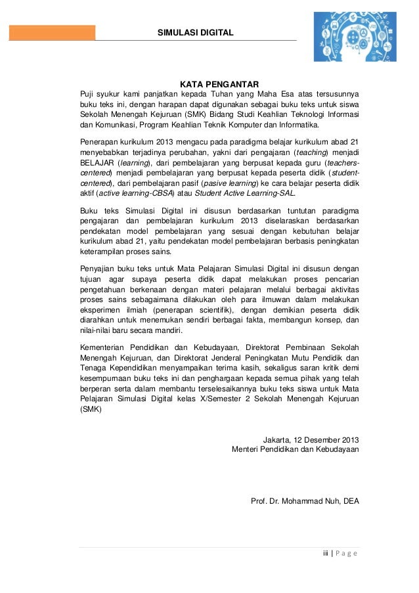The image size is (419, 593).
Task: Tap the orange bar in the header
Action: coord(52,33)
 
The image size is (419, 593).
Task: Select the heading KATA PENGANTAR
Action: coord(219,83)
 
